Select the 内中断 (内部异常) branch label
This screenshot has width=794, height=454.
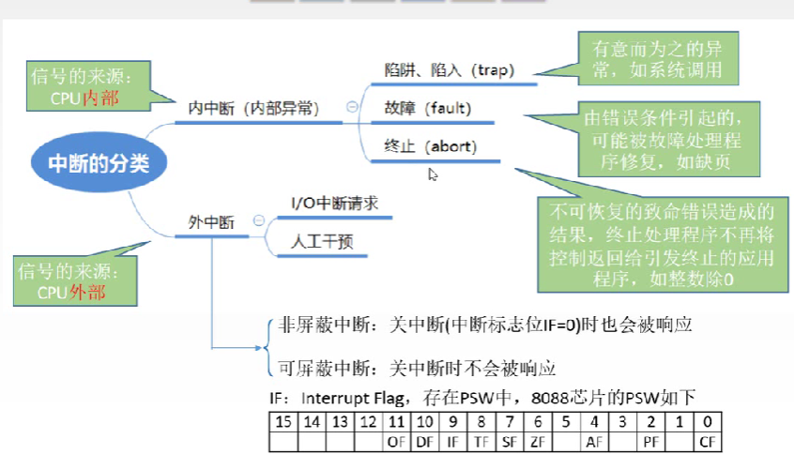coord(251,109)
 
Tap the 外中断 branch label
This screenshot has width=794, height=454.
coord(210,222)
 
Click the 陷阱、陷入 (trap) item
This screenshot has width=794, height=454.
coord(450,70)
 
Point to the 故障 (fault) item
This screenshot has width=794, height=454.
coord(427,108)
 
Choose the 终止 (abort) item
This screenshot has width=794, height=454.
coord(431,146)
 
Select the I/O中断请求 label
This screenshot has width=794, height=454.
coord(335,203)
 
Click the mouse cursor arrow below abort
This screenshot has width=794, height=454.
coord(433,174)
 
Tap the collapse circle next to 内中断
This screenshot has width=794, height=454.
coord(353,108)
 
